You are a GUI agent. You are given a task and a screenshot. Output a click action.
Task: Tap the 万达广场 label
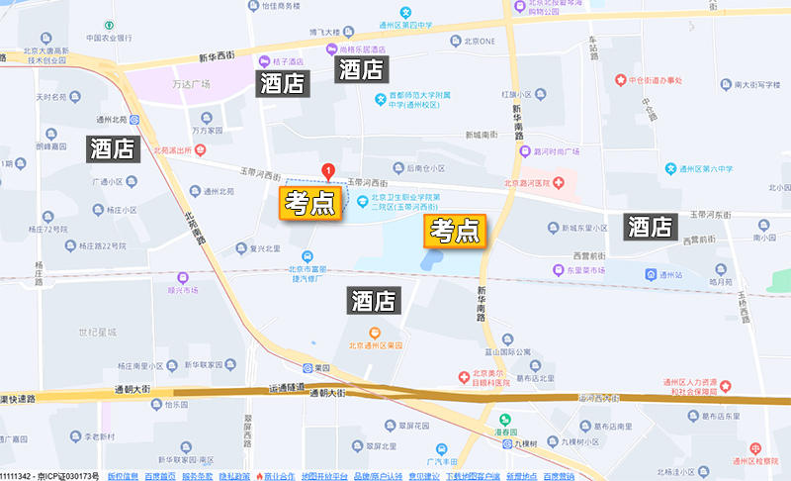191,84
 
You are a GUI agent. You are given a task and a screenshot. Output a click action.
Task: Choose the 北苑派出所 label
174,151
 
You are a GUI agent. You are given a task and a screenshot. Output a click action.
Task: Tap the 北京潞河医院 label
534,182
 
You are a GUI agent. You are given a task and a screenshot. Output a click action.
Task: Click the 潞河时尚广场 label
556,152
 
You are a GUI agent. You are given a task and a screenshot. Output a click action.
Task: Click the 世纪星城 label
98,332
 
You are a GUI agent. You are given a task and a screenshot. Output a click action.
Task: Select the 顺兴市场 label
183,290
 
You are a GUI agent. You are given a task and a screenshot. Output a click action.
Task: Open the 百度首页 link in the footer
159,476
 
